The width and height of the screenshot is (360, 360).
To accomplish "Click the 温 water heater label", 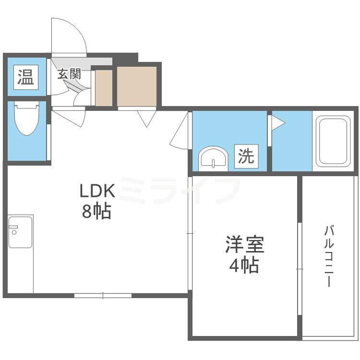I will pyautogui.click(x=26, y=77).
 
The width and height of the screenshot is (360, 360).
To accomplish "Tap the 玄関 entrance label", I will pyautogui.click(x=69, y=74).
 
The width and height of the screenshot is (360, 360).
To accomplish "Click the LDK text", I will pyautogui.click(x=97, y=192).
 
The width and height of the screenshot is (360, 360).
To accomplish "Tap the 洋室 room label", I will pyautogui.click(x=244, y=245).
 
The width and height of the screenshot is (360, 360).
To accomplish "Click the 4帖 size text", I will pyautogui.click(x=244, y=265).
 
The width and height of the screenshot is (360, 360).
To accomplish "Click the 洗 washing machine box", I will pyautogui.click(x=246, y=156).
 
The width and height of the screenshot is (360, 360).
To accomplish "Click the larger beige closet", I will pyautogui.click(x=137, y=87).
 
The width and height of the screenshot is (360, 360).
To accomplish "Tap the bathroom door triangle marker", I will pyautogui.click(x=278, y=123).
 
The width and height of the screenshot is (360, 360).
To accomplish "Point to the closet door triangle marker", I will pyautogui.click(x=146, y=117).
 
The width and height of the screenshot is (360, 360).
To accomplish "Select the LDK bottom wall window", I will pyautogui.click(x=103, y=295).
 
